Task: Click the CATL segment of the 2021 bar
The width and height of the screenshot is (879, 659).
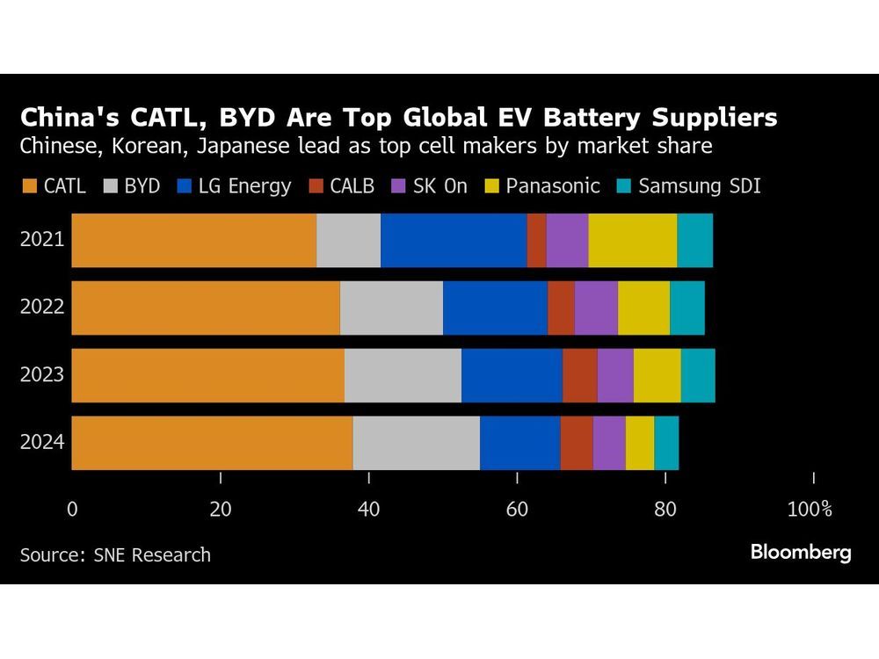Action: click(193, 240)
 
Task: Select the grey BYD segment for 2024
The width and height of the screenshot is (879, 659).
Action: click(416, 443)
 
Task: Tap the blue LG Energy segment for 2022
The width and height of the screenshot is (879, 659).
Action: click(495, 308)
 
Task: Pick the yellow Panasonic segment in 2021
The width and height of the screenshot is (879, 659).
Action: click(633, 240)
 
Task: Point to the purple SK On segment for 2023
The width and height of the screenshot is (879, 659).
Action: click(615, 375)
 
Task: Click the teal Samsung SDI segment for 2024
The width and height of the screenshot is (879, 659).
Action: click(666, 443)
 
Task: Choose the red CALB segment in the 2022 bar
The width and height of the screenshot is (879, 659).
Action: click(561, 308)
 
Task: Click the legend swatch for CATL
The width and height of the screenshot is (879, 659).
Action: click(29, 186)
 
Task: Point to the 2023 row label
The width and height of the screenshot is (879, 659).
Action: click(42, 375)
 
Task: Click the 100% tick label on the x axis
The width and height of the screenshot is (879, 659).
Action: click(809, 509)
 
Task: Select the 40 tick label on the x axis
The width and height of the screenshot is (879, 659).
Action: click(368, 509)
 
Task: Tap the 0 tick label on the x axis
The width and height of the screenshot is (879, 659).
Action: click(72, 509)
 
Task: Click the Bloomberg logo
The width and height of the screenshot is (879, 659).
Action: click(800, 552)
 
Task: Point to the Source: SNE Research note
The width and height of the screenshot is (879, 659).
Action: click(115, 554)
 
